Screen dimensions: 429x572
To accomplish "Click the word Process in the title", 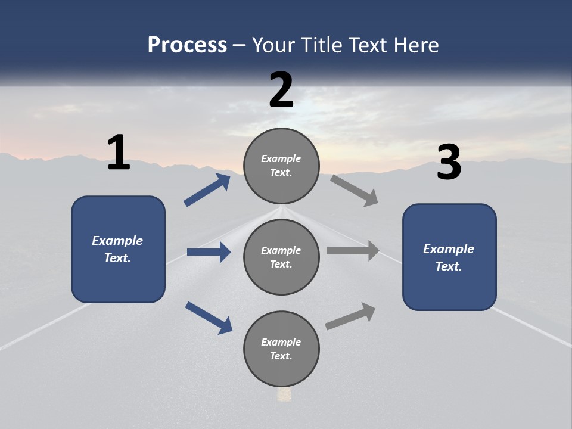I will click(187, 45).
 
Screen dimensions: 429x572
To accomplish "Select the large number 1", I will click(119, 153).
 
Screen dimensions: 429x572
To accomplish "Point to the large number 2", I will click(281, 90).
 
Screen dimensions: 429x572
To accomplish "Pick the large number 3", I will click(449, 163).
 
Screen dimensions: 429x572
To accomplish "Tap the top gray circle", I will click(281, 166).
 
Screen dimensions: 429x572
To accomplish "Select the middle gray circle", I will click(281, 257).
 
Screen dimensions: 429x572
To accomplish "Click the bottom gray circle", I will click(281, 349).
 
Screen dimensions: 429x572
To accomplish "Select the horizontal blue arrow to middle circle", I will click(209, 252).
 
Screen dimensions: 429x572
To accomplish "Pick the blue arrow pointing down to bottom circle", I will click(209, 317).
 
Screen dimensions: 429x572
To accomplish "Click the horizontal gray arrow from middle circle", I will click(353, 251).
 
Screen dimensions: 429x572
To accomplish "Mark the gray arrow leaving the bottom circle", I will click(350, 316).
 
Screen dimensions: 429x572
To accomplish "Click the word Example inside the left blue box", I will click(117, 241).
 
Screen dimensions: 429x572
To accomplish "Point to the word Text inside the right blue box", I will click(448, 266).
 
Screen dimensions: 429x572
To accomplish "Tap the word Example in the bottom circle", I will click(281, 342).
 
